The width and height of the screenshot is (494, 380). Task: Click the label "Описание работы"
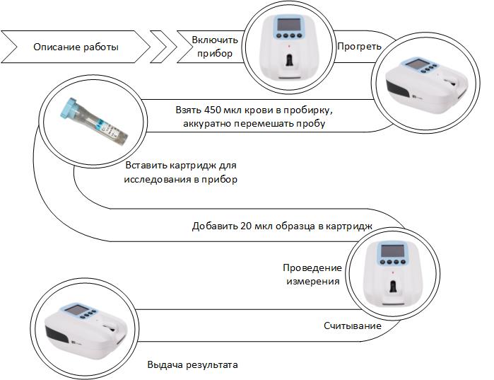coord(76,47)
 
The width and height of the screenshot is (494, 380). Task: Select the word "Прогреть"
coord(359,47)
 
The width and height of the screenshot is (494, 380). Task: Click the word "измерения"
coord(312,281)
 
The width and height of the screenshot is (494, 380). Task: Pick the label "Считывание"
coord(353,326)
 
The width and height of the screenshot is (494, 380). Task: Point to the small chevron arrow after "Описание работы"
coord(164,47)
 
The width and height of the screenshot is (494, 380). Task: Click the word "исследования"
coord(156,179)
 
